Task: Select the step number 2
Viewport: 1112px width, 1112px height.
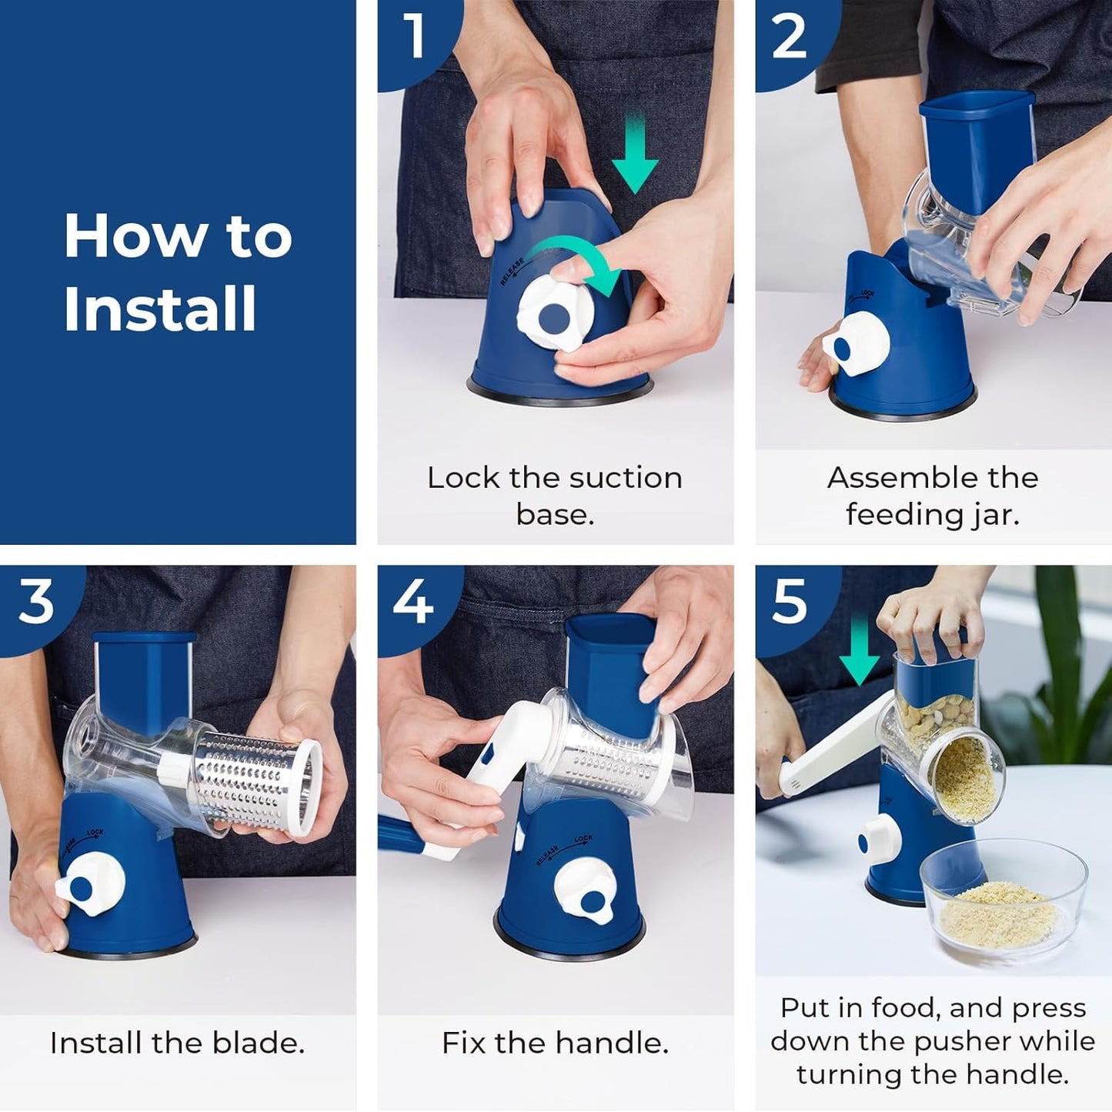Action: click(x=789, y=35)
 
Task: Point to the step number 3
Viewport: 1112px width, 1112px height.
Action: click(x=35, y=602)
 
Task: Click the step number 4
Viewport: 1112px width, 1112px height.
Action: click(x=413, y=602)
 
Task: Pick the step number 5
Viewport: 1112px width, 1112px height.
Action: click(x=789, y=602)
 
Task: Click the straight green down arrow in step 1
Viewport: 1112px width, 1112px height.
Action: click(x=634, y=158)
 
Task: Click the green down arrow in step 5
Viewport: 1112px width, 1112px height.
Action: click(x=859, y=654)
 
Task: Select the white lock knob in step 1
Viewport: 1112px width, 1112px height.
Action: click(x=553, y=316)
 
